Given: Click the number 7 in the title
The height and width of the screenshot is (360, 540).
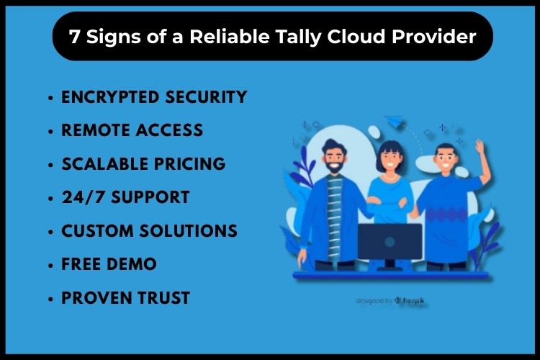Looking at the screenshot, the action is (x=74, y=36).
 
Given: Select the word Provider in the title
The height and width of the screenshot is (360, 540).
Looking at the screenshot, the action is (x=434, y=36).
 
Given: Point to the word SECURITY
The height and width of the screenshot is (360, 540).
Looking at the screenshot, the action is (x=206, y=96).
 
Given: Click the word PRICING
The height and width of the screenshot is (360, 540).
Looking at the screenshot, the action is (x=189, y=163).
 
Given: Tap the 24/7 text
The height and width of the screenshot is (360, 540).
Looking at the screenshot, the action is (x=83, y=197).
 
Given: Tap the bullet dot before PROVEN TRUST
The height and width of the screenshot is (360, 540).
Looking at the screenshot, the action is (x=50, y=298).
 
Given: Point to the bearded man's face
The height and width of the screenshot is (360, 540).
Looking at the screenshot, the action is (x=333, y=158).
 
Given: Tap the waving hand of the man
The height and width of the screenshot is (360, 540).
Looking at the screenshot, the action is (x=480, y=146).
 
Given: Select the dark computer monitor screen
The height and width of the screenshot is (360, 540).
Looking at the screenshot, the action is (x=390, y=241).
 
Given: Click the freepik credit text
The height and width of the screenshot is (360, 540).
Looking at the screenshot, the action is (x=390, y=301).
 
